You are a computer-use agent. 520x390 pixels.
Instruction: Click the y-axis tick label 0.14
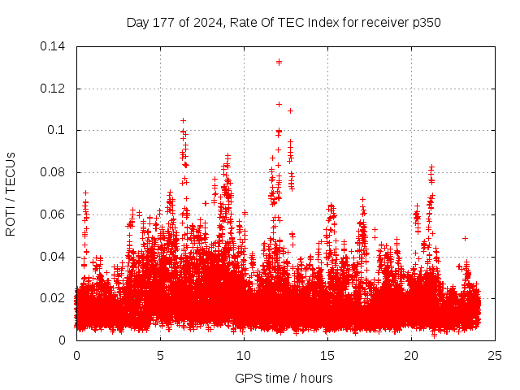55,46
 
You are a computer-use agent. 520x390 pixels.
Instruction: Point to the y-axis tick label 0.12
55,89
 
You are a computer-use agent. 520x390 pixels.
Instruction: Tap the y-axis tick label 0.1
58,130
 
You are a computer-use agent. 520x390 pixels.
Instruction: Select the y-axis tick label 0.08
55,172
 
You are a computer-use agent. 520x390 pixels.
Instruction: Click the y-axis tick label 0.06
55,214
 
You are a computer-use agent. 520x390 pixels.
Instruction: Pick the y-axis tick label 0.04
55,257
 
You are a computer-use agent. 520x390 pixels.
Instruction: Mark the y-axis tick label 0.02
55,298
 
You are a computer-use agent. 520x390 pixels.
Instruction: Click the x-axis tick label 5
160,355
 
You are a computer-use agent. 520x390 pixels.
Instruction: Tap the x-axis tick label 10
244,355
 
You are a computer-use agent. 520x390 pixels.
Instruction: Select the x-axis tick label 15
327,355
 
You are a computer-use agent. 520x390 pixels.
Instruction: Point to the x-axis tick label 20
411,355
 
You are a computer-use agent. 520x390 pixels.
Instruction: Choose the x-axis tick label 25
495,355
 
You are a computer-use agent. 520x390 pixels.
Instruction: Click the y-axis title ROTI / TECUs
11,193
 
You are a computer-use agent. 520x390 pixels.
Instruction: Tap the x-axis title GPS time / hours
284,378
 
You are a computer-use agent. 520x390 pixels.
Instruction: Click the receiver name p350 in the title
426,22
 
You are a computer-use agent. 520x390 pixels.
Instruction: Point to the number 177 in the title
164,22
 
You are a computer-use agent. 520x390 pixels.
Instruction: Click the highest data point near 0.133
279,62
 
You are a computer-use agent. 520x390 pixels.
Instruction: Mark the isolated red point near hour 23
465,238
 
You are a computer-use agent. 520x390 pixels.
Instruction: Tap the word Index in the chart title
323,22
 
